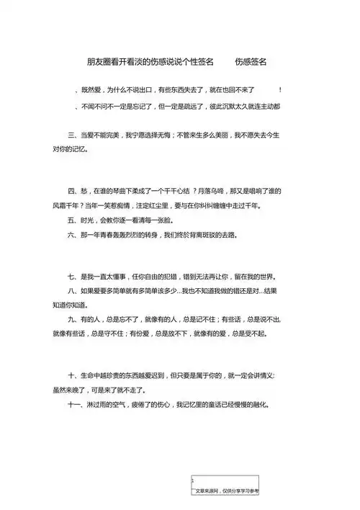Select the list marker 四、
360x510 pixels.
pyautogui.click(x=73, y=192)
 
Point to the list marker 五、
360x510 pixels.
pyautogui.click(x=73, y=220)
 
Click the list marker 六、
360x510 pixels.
pyautogui.click(x=73, y=235)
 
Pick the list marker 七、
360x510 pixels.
pyautogui.click(x=73, y=277)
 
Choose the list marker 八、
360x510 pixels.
pyautogui.click(x=73, y=291)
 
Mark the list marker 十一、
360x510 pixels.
pyautogui.click(x=76, y=404)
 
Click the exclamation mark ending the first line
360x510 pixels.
pyautogui.click(x=279, y=90)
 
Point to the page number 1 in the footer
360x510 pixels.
pyautogui.click(x=192, y=480)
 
